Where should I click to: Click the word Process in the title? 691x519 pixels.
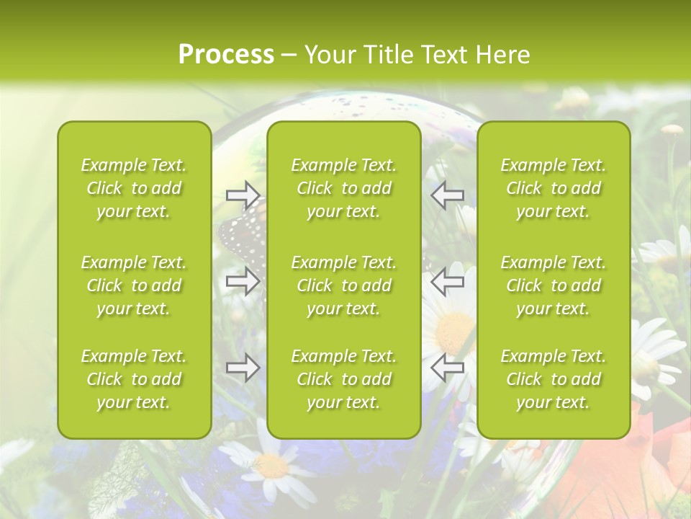pos(226,55)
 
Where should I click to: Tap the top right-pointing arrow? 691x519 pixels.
pos(243,194)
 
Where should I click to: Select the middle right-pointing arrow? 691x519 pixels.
pos(243,280)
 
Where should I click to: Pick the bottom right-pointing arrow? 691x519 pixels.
pos(243,368)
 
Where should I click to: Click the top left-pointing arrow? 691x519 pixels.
pos(447,194)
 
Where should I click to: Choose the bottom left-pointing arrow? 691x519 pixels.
pos(447,368)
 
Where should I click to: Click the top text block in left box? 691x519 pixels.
pos(134,188)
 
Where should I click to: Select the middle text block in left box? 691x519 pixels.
pos(134,285)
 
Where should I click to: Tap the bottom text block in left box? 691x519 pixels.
pos(134,379)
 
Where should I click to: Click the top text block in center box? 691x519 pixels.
pos(344,188)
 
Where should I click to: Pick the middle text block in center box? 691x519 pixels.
pos(344,285)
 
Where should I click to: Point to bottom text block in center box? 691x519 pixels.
pos(344,379)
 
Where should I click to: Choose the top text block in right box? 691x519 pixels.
pos(554,188)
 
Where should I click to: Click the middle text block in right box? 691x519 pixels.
pos(554,285)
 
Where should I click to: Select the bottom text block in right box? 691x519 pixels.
pos(554,379)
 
